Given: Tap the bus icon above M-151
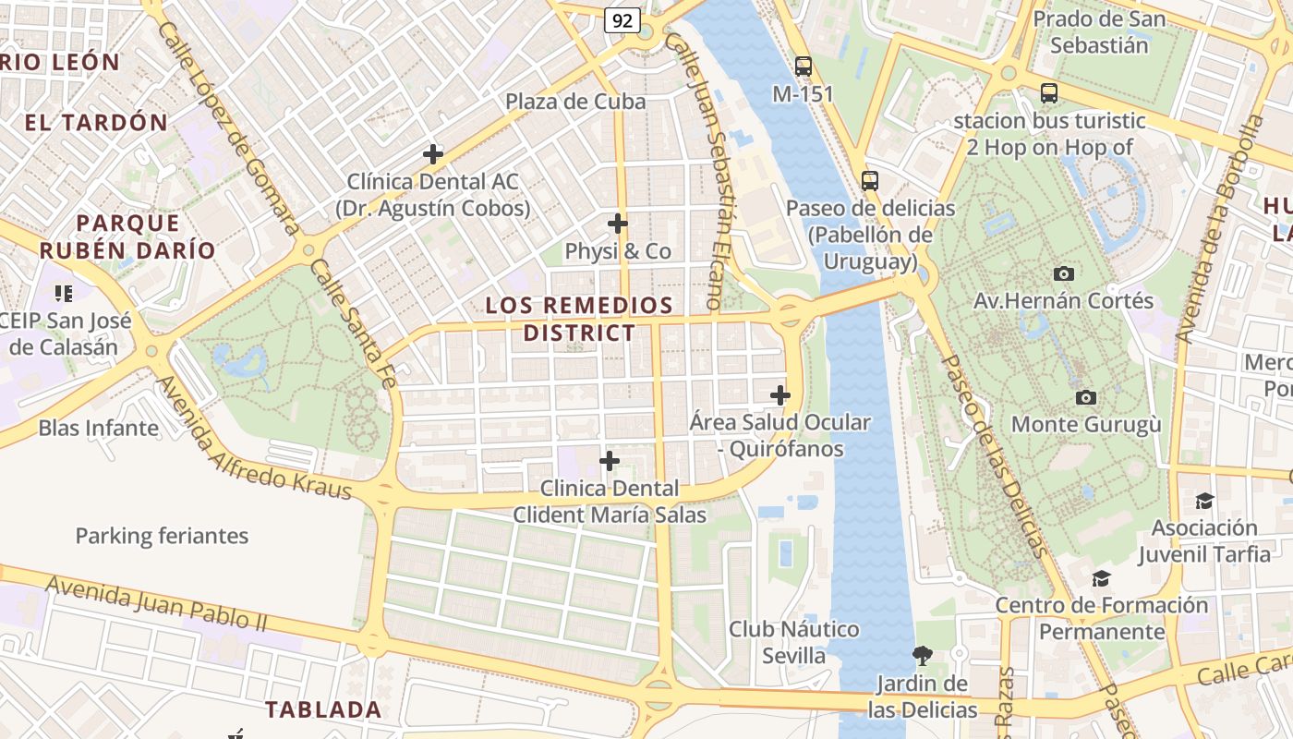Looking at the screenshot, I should click(804, 67).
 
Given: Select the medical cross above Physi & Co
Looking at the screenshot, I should click(618, 224).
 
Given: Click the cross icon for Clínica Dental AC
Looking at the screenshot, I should click(432, 154).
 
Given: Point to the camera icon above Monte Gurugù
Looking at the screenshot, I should click(1086, 397).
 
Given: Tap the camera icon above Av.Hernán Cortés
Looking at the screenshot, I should click(1064, 273).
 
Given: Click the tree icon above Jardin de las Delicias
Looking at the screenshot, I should click(922, 656).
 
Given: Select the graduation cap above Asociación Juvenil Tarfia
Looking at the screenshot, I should click(1204, 501).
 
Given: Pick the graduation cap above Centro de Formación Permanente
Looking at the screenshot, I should click(1101, 578).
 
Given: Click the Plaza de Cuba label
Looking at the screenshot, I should click(575, 102).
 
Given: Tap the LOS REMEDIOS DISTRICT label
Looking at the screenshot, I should click(579, 319).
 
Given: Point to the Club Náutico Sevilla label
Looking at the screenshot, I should click(793, 643).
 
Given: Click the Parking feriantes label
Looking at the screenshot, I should click(162, 536).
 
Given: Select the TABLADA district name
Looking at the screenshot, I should click(323, 709).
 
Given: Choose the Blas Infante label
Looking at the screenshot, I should click(99, 428).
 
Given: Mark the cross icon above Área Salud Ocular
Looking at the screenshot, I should click(780, 395).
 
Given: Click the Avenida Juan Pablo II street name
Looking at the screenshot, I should click(156, 602).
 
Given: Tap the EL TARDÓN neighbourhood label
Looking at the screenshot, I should click(96, 122).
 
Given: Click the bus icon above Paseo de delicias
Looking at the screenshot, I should click(869, 181).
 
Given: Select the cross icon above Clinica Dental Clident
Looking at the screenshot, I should click(610, 460).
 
